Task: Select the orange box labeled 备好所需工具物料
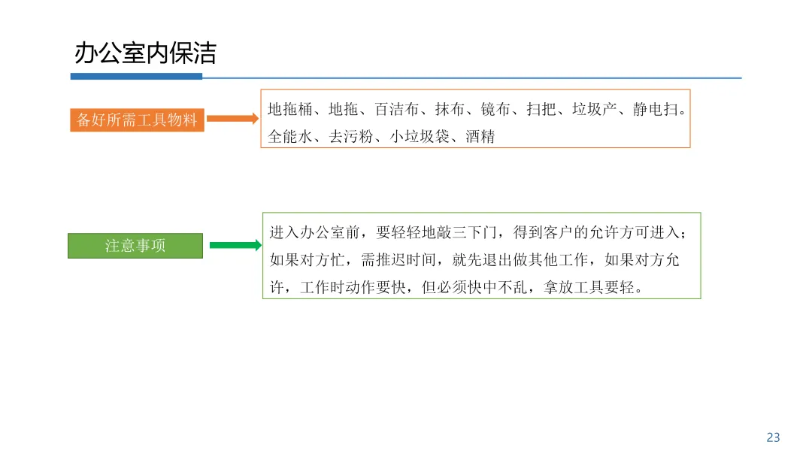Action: (x=137, y=120)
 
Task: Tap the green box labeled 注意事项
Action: (x=135, y=246)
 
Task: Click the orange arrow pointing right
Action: (x=232, y=119)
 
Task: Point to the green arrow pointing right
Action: (x=235, y=245)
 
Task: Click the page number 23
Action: (x=773, y=437)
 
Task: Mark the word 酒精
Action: (x=480, y=137)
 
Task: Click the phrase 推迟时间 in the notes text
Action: (x=406, y=261)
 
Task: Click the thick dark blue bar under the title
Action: (x=136, y=76)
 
